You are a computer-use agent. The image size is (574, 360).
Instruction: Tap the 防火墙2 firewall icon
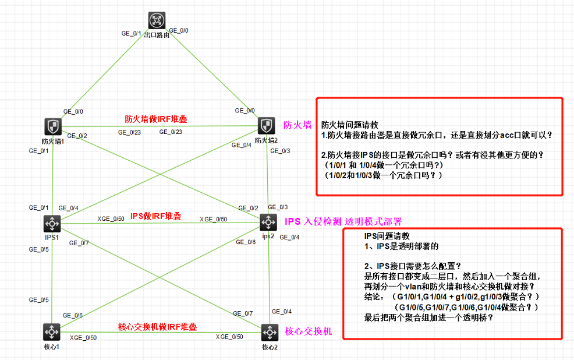click(267, 125)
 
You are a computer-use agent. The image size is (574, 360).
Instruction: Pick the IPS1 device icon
click(53, 224)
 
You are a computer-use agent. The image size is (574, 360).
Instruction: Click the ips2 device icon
click(268, 222)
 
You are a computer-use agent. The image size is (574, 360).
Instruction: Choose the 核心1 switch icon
click(52, 332)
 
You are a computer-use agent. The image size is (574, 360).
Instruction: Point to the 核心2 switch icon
click(268, 333)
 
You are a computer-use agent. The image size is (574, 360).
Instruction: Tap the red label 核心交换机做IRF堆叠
click(157, 326)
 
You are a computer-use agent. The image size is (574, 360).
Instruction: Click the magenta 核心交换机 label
click(309, 331)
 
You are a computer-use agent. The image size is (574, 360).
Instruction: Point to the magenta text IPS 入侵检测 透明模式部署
click(343, 221)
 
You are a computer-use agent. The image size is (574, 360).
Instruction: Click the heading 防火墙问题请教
click(350, 124)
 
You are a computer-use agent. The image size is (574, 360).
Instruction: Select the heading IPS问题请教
click(387, 237)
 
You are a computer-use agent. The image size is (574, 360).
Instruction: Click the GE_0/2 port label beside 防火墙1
click(77, 136)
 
